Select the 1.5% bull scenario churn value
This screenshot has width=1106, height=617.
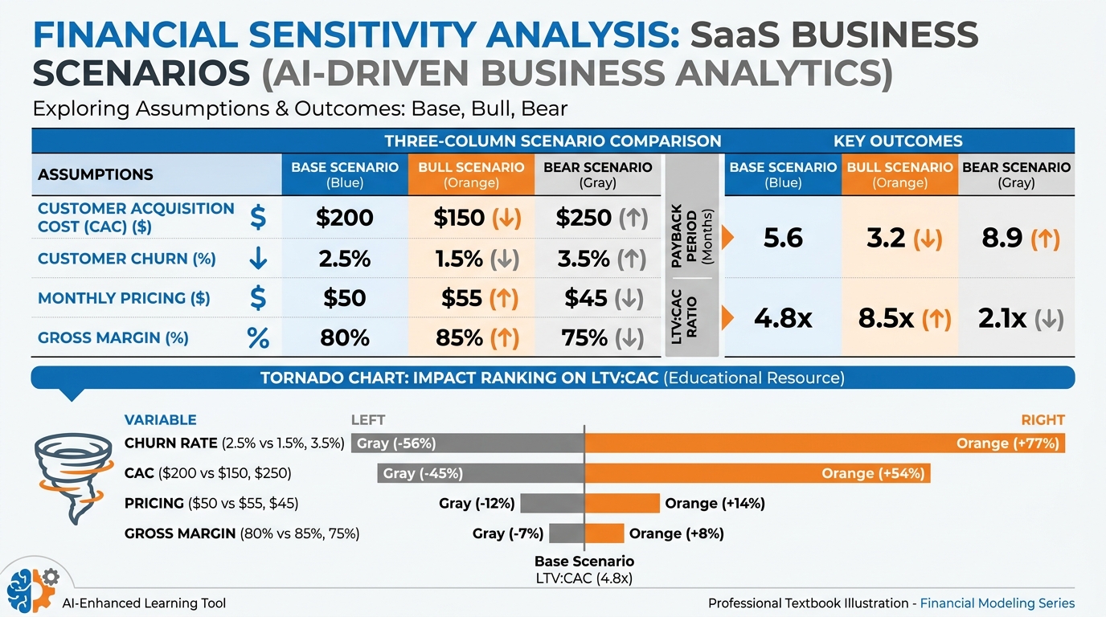[459, 259]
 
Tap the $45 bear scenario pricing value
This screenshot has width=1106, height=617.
[586, 298]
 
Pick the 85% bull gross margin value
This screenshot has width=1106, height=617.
[459, 338]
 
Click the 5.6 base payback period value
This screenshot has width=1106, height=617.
[783, 239]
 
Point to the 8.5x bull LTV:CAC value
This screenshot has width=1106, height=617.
[886, 319]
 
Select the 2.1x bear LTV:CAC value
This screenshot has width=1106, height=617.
[1002, 319]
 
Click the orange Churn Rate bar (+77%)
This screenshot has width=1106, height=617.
[825, 443]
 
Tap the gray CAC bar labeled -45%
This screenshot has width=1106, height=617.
[481, 473]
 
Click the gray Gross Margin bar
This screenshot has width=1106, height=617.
[566, 533]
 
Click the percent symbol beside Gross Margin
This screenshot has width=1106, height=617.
[258, 338]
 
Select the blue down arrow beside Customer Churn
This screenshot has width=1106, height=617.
[258, 259]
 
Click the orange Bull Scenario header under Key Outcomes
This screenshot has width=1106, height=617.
[899, 174]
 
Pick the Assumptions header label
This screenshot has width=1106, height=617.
[96, 174]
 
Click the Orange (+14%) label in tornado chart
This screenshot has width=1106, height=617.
[715, 504]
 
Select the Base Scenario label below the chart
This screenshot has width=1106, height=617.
[584, 562]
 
